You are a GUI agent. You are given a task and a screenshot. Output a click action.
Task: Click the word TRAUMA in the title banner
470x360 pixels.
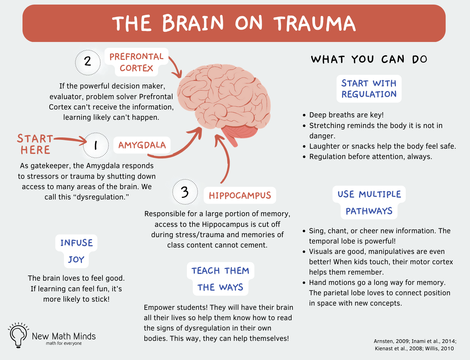(315, 24)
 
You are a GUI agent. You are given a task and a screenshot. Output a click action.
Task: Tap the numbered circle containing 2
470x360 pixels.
(88, 62)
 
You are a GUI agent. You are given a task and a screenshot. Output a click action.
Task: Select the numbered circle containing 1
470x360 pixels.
(96, 145)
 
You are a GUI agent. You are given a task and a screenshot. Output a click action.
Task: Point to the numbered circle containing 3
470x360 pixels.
(185, 192)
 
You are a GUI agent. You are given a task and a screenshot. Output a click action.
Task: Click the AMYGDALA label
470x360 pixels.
(142, 145)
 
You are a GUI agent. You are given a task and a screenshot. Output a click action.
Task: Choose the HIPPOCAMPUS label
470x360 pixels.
(240, 196)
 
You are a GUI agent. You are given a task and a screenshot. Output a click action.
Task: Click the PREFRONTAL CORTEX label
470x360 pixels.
(137, 62)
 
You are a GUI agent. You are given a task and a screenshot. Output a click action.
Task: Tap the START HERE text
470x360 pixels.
(35, 144)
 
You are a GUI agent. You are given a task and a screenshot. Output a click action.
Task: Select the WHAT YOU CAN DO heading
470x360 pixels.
(369, 59)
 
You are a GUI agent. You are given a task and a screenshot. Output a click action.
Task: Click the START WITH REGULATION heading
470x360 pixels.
(369, 89)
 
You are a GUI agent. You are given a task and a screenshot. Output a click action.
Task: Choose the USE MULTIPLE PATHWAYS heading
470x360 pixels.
(369, 202)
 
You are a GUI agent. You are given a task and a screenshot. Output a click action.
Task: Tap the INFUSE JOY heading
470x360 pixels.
(76, 251)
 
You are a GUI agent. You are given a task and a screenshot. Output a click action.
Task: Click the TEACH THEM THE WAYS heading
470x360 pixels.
(220, 279)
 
